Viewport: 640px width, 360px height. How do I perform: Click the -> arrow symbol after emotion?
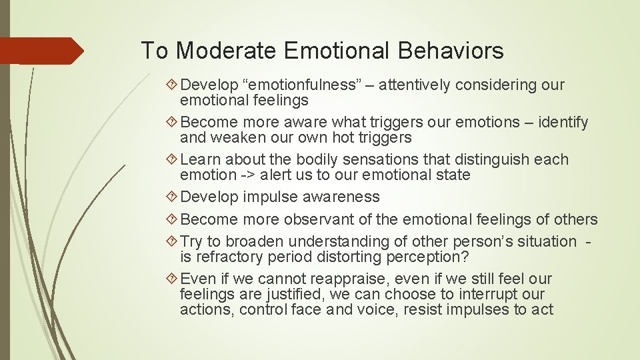pos(248,175)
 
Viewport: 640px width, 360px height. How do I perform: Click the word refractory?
pos(227,257)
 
